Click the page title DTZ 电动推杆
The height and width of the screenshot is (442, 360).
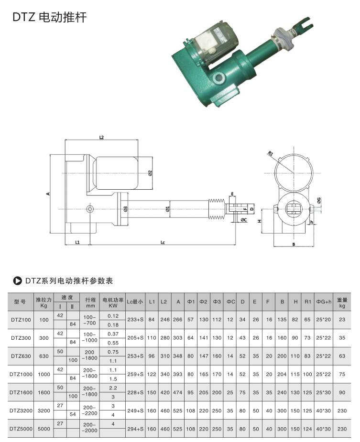click(49, 18)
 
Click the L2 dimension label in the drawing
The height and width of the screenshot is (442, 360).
click(101, 137)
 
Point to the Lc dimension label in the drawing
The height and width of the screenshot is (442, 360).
click(163, 243)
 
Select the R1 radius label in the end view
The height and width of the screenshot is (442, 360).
click(270, 154)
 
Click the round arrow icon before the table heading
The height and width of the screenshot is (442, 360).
click(18, 280)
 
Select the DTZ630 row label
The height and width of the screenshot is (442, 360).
click(21, 356)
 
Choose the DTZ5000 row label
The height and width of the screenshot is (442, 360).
click(21, 429)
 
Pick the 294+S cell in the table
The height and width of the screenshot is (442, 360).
click(135, 429)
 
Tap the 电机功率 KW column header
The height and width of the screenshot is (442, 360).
click(113, 302)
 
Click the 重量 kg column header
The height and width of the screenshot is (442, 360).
click(342, 302)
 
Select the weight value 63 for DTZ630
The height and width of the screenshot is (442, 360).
click(342, 356)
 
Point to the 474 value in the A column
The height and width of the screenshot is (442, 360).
click(178, 392)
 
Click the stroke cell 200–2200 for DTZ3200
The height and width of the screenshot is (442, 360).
click(90, 410)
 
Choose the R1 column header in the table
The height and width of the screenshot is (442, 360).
click(307, 302)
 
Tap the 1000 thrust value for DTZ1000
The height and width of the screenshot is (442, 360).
click(44, 374)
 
